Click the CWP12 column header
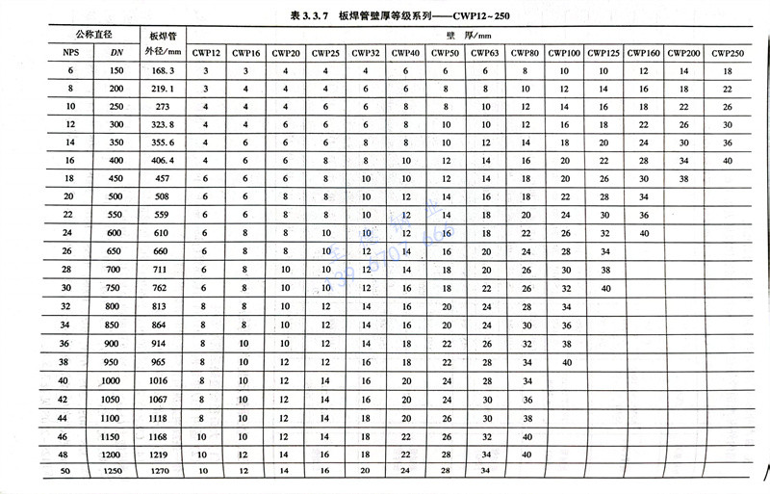click(206, 52)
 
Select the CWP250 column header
click(728, 52)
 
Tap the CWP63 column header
click(486, 52)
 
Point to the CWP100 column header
click(565, 52)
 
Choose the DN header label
click(115, 52)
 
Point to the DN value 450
click(115, 180)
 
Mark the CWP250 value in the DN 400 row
click(728, 161)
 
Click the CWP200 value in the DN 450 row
click(684, 179)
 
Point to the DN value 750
click(115, 289)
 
